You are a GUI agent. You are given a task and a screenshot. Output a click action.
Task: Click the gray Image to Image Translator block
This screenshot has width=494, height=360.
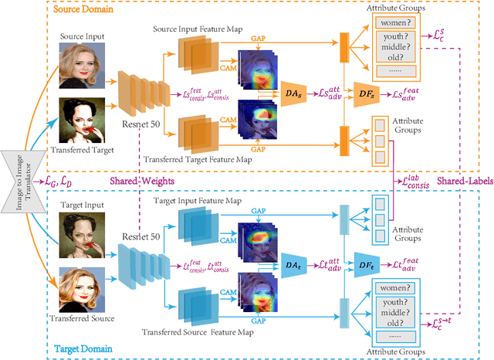pyautogui.click(x=18, y=179)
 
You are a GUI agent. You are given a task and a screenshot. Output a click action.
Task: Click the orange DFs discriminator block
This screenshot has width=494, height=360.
pyautogui.click(x=367, y=93)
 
